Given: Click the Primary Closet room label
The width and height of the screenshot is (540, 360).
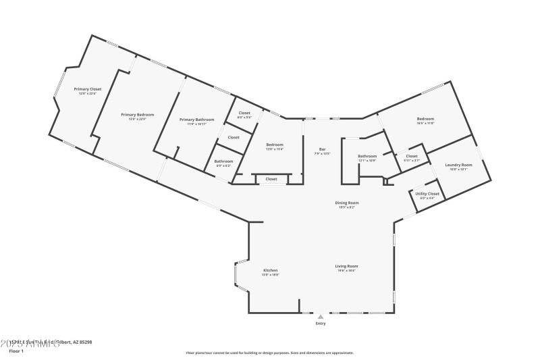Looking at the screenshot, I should pos(87,89).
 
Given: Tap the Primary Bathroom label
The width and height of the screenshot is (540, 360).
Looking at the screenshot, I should pos(196,120).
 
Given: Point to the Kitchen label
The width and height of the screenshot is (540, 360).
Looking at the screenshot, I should pos(270,270).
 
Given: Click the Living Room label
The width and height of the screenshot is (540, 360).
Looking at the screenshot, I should pos(346,266).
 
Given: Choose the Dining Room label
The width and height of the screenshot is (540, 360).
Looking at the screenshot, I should pos(347,203).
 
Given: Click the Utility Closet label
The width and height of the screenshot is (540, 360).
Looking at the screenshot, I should pos(427,194).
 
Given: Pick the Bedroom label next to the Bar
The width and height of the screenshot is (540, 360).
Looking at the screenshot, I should pos(274,145).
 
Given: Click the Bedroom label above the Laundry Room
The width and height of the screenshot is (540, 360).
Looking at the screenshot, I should pos(425,119).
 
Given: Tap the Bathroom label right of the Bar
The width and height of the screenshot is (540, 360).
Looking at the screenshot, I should pos(367,156).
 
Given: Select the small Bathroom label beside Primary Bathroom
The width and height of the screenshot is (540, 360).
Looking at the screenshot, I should pos(223,161).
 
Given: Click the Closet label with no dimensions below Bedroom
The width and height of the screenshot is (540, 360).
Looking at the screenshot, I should pos(271,179).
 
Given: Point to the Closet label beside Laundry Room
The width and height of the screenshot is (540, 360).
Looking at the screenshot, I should pos(411,156).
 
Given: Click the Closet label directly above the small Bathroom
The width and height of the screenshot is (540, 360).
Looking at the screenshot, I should pos(233,137).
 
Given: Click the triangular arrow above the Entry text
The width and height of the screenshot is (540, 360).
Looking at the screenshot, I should pos(321,316).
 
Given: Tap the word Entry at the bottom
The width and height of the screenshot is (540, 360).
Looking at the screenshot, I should pos(321,324).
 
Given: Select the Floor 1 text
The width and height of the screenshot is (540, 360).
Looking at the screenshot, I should pos(16,351).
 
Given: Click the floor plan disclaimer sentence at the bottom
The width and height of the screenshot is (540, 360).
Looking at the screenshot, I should pos(269,353).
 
